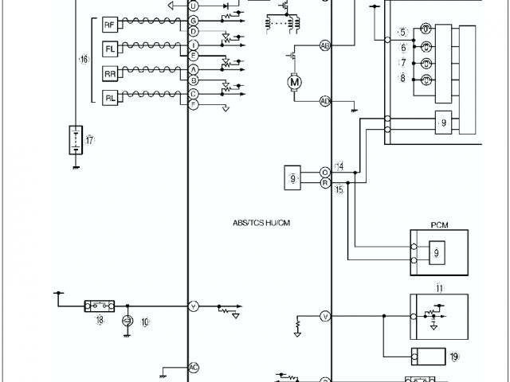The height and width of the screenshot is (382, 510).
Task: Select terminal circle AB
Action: point(325,45)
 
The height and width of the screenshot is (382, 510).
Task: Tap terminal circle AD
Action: point(325,101)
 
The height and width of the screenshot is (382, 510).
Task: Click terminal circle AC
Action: point(193,367)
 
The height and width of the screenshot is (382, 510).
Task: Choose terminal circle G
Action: point(193,19)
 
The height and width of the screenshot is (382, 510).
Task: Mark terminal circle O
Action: point(325,172)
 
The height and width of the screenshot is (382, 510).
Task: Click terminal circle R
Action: point(325,182)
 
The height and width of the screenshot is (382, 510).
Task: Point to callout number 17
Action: point(90,140)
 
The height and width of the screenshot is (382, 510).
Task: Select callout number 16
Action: point(83,60)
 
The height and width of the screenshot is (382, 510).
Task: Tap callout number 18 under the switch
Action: point(100,320)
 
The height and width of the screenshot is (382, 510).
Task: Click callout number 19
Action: point(454,357)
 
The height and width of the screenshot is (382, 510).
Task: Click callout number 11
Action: point(438,287)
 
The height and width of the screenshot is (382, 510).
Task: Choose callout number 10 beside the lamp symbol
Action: point(145,322)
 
